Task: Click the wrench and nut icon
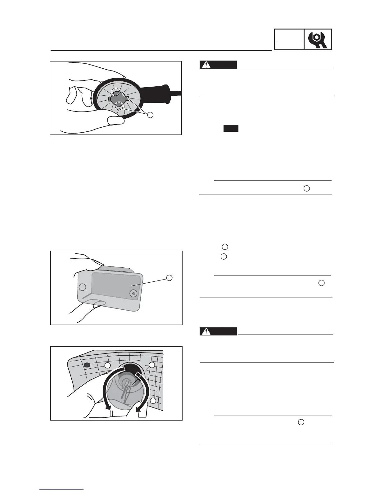tap(318, 39)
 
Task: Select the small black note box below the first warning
tap(231, 128)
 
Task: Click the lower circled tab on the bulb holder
tap(118, 107)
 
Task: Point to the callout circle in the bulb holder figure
tap(150, 115)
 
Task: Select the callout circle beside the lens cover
tap(169, 278)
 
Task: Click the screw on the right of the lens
tap(133, 293)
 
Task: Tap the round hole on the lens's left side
tap(82, 287)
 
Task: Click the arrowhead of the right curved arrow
tap(139, 411)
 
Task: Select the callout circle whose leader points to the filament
tap(152, 365)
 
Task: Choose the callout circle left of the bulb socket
tap(107, 365)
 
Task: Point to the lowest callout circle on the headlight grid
tap(153, 401)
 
